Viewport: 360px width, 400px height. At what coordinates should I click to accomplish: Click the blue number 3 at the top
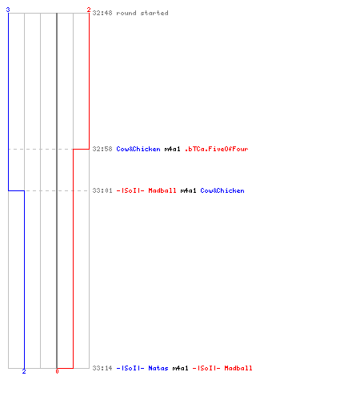pyautogui.click(x=8, y=10)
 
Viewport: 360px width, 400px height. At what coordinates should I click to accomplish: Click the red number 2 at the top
pyautogui.click(x=89, y=10)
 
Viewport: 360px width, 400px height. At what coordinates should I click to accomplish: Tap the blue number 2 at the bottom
pyautogui.click(x=24, y=371)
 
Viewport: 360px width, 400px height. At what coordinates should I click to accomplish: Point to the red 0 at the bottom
pyautogui.click(x=57, y=371)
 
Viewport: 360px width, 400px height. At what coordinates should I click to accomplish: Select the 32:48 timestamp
pyautogui.click(x=102, y=13)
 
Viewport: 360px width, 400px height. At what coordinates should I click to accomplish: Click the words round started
pyautogui.click(x=142, y=13)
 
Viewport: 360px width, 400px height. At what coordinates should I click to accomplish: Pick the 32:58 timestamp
pyautogui.click(x=102, y=149)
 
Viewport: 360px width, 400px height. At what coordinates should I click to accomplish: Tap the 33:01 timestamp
pyautogui.click(x=102, y=190)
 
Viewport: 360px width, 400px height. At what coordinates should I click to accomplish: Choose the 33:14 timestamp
pyautogui.click(x=102, y=368)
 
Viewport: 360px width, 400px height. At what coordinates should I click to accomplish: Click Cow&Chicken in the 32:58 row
pyautogui.click(x=138, y=149)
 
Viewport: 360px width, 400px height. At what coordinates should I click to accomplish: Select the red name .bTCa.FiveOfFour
pyautogui.click(x=216, y=149)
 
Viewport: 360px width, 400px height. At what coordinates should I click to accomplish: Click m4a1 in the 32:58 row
pyautogui.click(x=172, y=149)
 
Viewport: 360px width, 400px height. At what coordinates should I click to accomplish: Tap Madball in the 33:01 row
pyautogui.click(x=162, y=190)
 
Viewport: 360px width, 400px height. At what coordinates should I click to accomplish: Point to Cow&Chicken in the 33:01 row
pyautogui.click(x=222, y=190)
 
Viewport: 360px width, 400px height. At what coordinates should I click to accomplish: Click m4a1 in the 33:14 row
pyautogui.click(x=180, y=368)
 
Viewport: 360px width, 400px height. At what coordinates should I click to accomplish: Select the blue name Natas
pyautogui.click(x=158, y=368)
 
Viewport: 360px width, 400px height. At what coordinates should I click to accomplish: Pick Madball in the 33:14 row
pyautogui.click(x=238, y=368)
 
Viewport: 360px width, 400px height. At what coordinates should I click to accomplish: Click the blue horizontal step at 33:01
pyautogui.click(x=16, y=190)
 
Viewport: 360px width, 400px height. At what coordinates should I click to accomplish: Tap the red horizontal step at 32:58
pyautogui.click(x=81, y=149)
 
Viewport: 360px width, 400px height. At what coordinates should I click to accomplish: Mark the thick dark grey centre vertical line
pyautogui.click(x=57, y=190)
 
